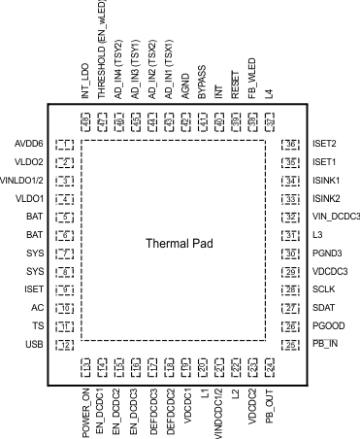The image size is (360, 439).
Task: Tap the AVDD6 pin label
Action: (28, 145)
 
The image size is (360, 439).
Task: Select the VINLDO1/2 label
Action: (22, 181)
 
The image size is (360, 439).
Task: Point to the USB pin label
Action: (34, 344)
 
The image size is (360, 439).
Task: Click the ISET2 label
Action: (325, 145)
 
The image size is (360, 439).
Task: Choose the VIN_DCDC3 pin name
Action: (335, 217)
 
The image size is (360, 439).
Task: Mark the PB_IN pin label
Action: (327, 344)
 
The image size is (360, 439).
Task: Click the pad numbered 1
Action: (65, 145)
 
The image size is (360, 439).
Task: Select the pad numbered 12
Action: (65, 344)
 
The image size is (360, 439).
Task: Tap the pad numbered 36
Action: (287, 145)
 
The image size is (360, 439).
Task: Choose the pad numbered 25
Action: (287, 344)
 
